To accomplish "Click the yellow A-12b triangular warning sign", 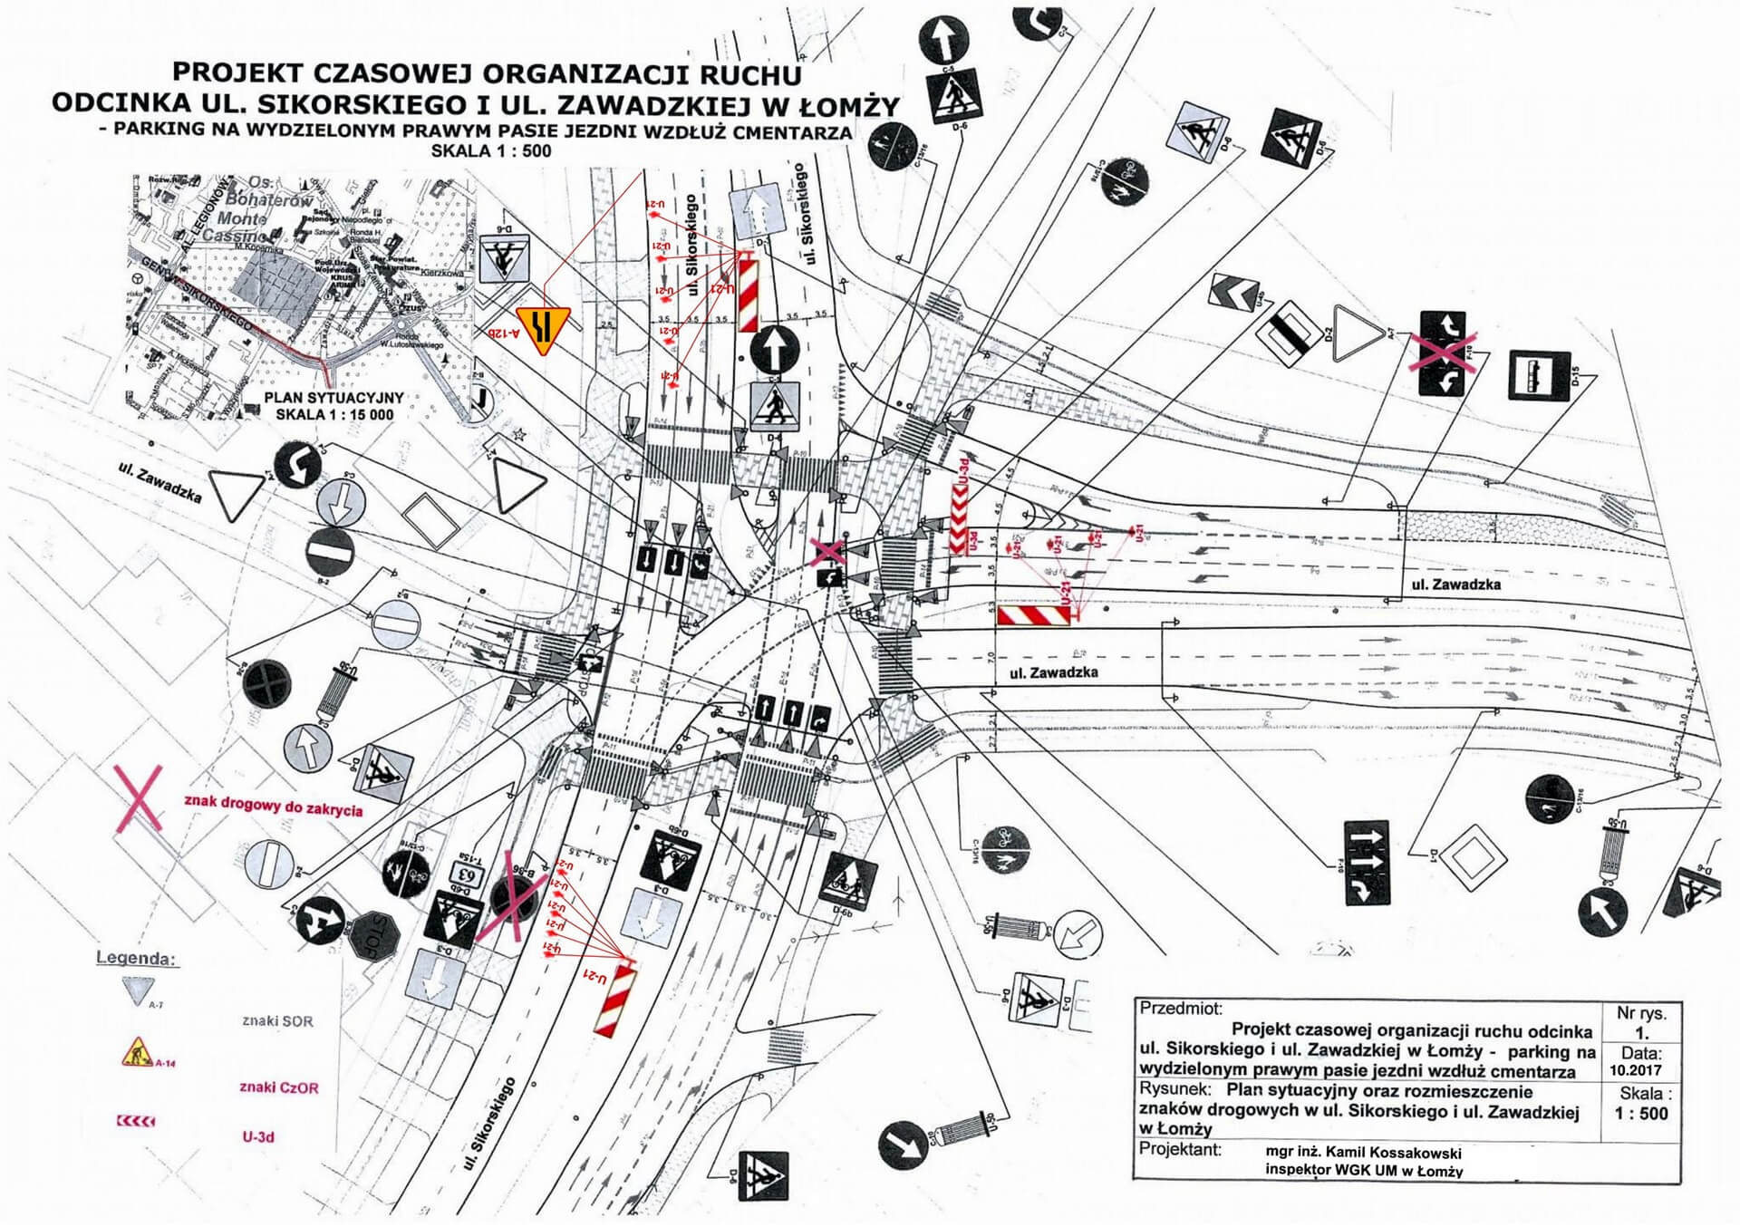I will [541, 328].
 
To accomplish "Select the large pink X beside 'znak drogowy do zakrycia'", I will [137, 798].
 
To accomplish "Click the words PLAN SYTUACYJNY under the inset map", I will [333, 398].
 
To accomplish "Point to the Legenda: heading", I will [136, 958].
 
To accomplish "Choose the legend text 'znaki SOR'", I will [277, 1020].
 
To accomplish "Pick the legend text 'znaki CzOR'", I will [279, 1087].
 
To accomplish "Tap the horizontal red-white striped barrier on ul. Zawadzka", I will [1033, 616].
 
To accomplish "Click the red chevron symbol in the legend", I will [136, 1122].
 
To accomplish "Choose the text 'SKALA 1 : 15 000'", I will [334, 414].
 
